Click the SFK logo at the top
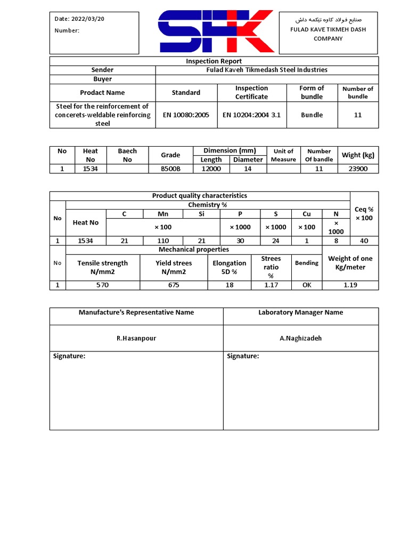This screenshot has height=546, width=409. coord(216,31)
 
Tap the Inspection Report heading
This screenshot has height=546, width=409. coord(214,61)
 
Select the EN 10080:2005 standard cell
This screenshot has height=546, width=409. coord(186,115)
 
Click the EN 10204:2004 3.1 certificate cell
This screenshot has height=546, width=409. coord(251,115)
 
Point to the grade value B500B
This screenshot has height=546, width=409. coord(170,168)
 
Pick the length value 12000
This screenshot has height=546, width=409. coord(211,168)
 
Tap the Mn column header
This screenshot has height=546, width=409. coord(163,214)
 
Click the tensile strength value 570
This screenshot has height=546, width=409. coord(102,285)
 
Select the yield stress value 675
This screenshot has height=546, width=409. coord(174,285)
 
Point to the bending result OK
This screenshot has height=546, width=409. coord(307,285)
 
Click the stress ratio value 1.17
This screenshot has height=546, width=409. coord(271,285)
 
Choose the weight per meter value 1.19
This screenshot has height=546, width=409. coord(350,285)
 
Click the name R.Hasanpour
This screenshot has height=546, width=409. coord(136,338)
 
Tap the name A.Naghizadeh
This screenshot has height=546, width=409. coord(301,338)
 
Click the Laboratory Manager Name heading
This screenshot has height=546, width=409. coord(301,312)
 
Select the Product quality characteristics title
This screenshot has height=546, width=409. coord(200,196)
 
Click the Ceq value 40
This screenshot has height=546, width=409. coord(364,240)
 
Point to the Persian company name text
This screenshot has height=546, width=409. coord(328,20)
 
